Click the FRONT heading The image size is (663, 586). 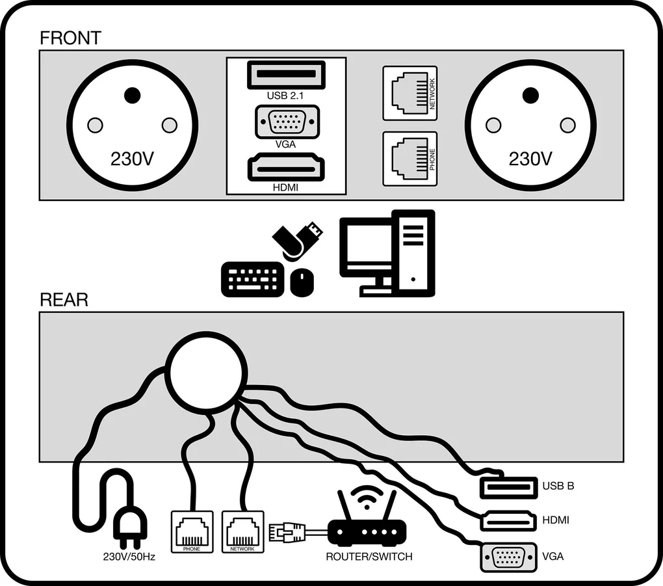(70, 38)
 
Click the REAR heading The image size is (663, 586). (64, 300)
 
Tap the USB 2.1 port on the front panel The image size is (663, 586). (286, 74)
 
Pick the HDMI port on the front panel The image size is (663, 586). (285, 168)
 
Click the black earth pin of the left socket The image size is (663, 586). (132, 96)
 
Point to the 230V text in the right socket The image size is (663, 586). (530, 159)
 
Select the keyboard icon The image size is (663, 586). (252, 279)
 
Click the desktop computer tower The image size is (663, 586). (413, 252)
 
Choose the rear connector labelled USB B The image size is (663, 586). (508, 486)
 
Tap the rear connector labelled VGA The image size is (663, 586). (508, 557)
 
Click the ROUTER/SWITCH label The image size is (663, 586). (369, 557)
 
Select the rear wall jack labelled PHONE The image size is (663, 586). (192, 532)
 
